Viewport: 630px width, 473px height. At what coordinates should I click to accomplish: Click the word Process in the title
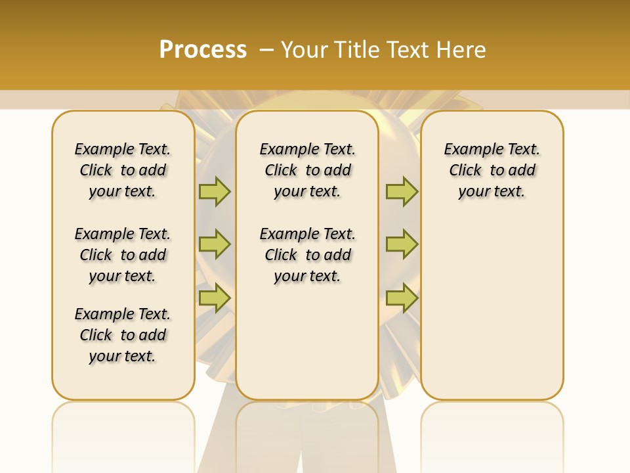click(203, 49)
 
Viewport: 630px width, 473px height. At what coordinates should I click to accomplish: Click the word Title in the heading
click(358, 50)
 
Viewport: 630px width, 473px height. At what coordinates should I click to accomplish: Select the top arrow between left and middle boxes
click(215, 191)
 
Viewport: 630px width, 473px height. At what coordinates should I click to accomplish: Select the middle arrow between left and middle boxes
click(215, 244)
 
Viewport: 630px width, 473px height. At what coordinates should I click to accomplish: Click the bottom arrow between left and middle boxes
click(215, 298)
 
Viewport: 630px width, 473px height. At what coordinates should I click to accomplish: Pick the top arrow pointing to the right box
click(402, 191)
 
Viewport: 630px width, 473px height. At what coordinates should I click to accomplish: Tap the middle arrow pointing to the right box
click(402, 244)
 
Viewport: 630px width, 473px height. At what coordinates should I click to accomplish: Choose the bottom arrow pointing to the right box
click(402, 298)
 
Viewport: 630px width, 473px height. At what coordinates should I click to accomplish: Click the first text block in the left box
click(123, 170)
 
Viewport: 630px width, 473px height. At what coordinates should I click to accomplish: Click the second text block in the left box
click(123, 255)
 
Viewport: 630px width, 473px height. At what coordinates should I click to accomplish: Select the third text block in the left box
click(123, 335)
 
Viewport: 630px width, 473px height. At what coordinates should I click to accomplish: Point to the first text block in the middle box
click(307, 170)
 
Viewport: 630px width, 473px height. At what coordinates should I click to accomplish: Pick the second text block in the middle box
click(307, 255)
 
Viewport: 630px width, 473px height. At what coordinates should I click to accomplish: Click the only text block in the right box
click(492, 170)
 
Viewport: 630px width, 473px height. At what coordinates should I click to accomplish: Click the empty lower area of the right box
click(492, 309)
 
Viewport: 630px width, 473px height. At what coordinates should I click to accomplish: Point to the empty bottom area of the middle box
click(307, 348)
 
